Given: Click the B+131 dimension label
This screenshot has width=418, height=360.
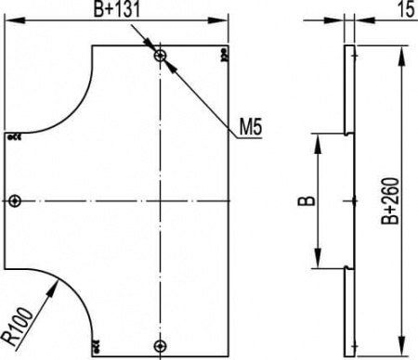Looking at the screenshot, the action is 117,9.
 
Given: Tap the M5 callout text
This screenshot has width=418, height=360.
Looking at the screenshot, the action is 251,127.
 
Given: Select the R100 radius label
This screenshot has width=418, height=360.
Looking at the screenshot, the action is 19,327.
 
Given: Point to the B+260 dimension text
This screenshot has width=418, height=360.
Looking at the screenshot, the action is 390,200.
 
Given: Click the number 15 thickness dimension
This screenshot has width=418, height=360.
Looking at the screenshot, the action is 406,9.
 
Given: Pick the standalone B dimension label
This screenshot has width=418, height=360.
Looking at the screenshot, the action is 307,201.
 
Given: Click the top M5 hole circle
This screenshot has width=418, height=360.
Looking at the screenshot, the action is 161,56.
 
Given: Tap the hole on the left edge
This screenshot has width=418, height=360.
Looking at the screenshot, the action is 15,201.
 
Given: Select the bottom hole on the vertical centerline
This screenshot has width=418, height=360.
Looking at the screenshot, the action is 161,346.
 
